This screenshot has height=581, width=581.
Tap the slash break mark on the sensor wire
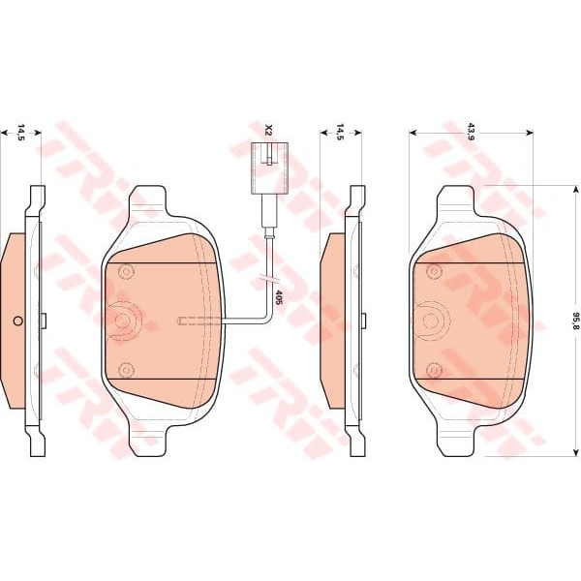point(267,283)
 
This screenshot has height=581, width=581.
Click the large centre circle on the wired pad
point(125,321)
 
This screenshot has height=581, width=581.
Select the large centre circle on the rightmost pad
point(435,321)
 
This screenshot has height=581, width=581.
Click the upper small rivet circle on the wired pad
point(124,273)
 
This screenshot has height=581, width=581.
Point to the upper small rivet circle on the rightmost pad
point(434,273)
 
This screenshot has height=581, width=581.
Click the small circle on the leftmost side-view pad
point(16,321)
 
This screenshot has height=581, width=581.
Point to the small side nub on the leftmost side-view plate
point(45,320)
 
